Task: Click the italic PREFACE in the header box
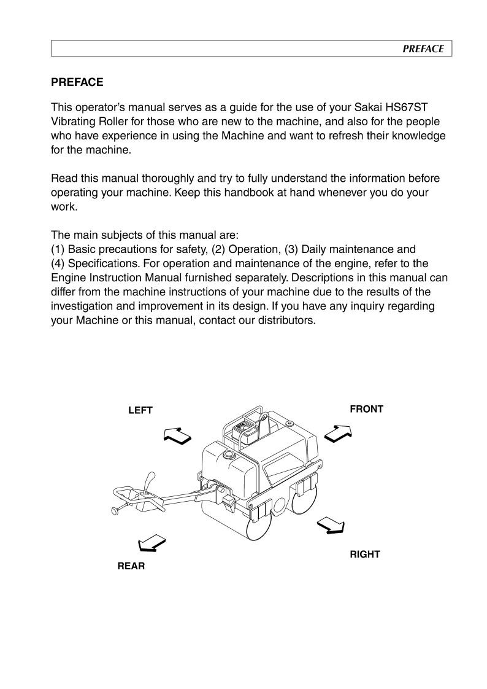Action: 423,49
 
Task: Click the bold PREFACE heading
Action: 77,82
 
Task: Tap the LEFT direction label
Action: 140,410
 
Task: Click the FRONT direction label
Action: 366,409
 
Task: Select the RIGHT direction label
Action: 365,554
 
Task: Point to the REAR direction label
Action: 131,566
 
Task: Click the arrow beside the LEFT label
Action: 178,435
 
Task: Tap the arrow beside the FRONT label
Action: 338,434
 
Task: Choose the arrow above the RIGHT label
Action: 331,525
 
